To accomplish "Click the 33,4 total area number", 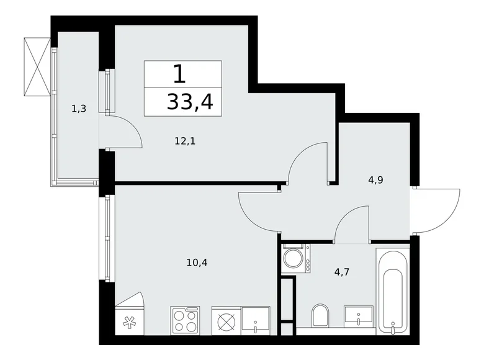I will pos(189,101).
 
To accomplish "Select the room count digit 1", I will pos(179,74).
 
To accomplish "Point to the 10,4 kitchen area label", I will pos(197,262).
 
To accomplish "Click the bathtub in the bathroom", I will pos(393,287).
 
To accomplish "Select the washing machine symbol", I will pos(296,258).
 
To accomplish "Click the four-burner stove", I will pos(185,320).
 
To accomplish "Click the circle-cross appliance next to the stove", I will pos(225,321).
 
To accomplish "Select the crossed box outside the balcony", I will pos(37,66).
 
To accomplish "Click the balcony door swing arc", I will pos(127,132).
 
